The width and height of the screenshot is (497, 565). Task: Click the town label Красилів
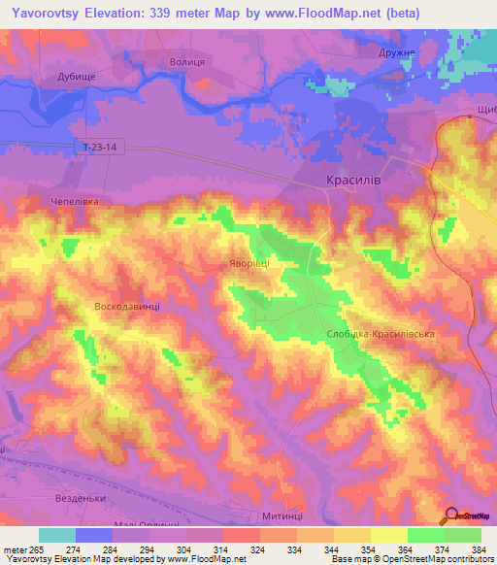[x=350, y=180]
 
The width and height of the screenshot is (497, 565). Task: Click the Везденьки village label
[x=81, y=498]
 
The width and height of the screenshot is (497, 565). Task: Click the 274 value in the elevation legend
[x=73, y=548]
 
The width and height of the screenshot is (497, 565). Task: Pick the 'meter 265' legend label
[x=22, y=548]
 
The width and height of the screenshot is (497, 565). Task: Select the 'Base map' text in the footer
[x=351, y=559]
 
